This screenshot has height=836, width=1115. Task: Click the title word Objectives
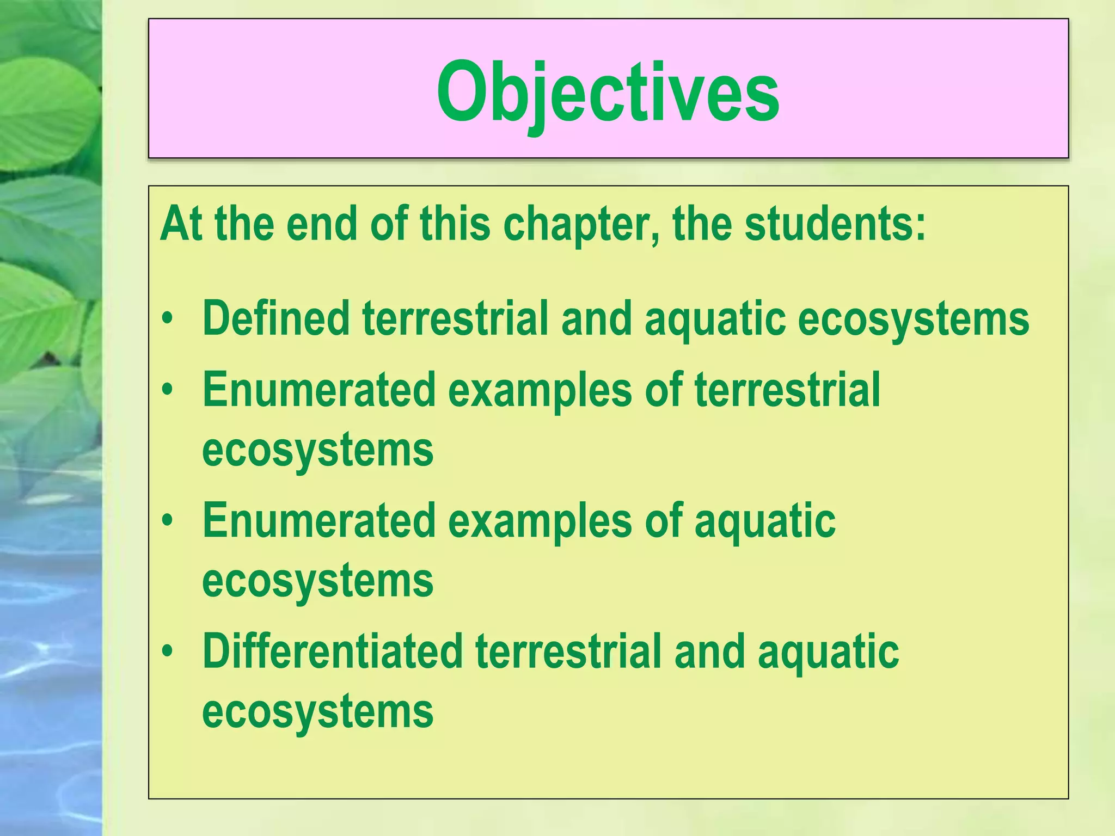[608, 93]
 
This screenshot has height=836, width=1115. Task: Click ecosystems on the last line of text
[317, 711]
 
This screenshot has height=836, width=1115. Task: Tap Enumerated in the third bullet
[319, 520]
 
